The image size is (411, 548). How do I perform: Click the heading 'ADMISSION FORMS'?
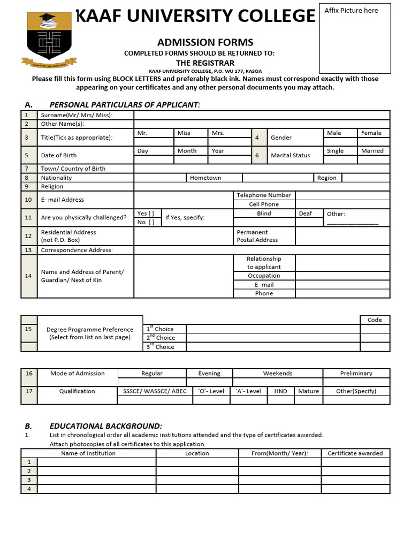(x=205, y=42)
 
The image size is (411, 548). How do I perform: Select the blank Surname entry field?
(x=262, y=115)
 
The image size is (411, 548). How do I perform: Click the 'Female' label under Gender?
(x=371, y=133)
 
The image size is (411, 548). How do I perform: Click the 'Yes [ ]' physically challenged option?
(x=146, y=214)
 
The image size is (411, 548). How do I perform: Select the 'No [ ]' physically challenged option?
(x=146, y=222)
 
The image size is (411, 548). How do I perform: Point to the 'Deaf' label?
(x=305, y=214)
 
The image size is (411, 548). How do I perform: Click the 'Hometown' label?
(x=205, y=178)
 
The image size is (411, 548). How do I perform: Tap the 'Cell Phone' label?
(x=264, y=204)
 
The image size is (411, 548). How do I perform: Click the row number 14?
(x=28, y=276)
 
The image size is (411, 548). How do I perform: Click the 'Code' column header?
(x=375, y=320)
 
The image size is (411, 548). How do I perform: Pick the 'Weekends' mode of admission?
(x=278, y=374)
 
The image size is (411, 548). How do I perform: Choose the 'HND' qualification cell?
(x=280, y=391)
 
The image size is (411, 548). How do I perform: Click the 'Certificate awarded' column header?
(x=355, y=453)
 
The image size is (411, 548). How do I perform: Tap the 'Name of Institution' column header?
(x=88, y=453)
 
